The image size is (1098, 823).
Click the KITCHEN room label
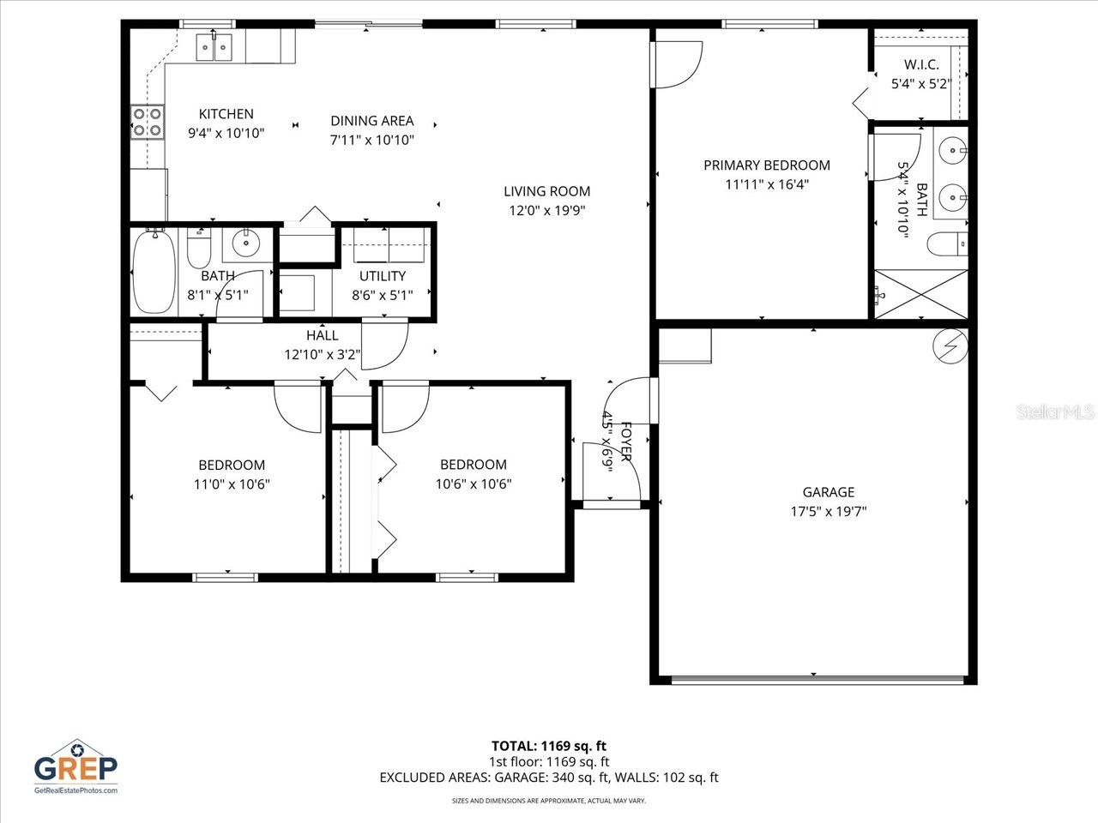coord(226,114)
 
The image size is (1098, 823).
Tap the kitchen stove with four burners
coord(147,123)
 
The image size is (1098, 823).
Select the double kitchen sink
coord(214,47)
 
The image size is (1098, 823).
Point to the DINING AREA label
coord(371,121)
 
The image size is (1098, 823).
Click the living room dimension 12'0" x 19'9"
coord(546,210)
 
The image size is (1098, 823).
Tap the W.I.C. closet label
coord(920,65)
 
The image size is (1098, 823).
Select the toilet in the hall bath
coord(199,249)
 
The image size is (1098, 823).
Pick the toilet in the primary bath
coord(948,244)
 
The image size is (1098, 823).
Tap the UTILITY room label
coord(382,276)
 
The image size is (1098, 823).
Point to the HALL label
coord(322,335)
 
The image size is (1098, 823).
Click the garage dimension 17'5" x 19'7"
coord(828,512)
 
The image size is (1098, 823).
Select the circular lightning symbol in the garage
coord(950,346)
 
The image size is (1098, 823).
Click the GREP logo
coord(75,766)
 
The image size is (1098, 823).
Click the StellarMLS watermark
coord(1055,412)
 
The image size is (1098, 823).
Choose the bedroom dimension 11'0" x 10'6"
coord(232,484)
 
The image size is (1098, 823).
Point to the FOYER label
coord(626,442)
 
